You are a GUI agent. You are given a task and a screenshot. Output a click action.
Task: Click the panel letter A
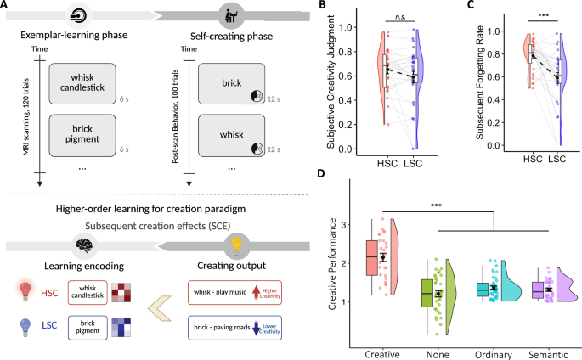tap(7, 8)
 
